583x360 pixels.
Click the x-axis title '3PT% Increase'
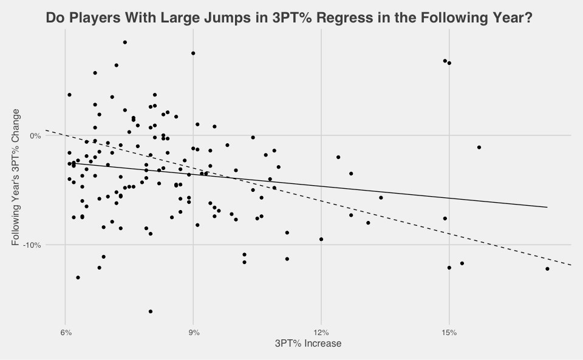[309, 344]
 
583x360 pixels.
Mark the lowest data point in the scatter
[151, 311]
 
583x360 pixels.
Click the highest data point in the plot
[125, 42]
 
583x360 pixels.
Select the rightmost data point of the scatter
[547, 269]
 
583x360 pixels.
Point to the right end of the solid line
[547, 207]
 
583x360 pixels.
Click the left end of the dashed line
[47, 130]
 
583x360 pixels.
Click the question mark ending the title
[528, 18]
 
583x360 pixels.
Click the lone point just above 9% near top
[193, 53]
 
